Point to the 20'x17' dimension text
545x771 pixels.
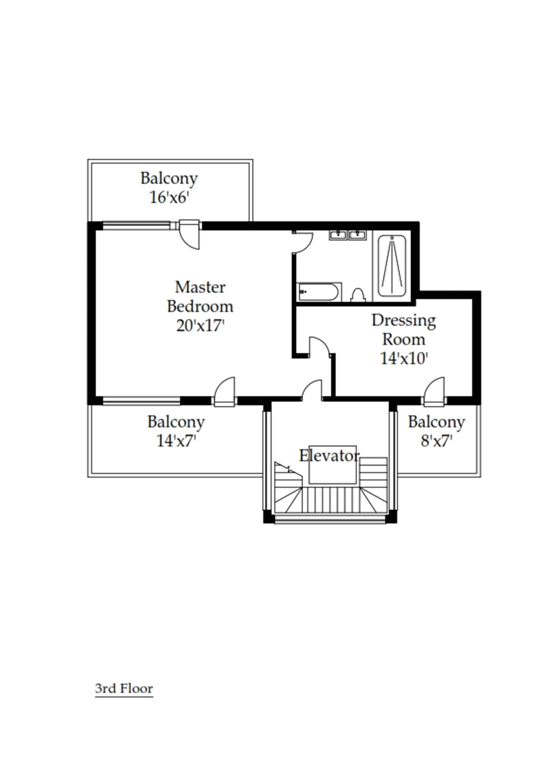coord(200,325)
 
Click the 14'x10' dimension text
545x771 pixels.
coord(404,358)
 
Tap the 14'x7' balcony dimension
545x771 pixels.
coord(176,441)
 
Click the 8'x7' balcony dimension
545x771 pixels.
coord(436,441)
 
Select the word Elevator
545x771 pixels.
coord(329,456)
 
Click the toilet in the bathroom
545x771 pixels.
coord(358,295)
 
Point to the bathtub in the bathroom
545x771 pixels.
coord(318,292)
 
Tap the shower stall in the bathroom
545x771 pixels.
coord(392,265)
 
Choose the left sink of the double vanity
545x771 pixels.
coord(338,235)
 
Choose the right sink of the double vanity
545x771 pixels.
coord(358,235)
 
